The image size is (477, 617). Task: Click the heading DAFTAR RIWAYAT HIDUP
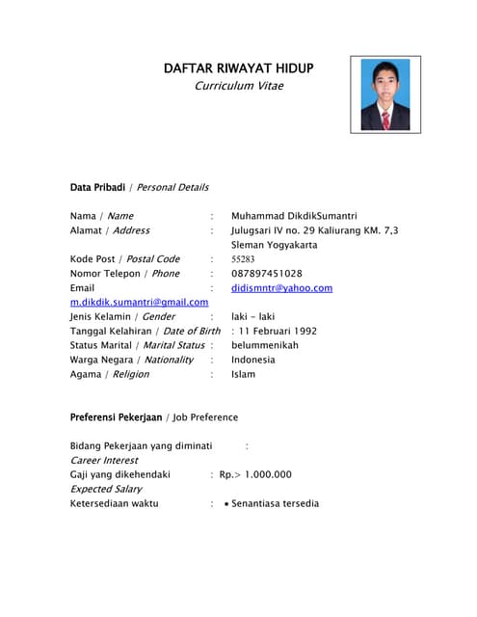coord(238,67)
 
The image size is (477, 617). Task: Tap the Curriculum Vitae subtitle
coord(239,86)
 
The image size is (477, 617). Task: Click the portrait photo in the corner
coord(384,94)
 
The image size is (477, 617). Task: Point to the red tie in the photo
coord(385,119)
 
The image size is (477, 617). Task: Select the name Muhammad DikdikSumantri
coord(294,216)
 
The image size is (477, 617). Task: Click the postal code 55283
coord(243,259)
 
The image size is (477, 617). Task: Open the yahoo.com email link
coord(281,288)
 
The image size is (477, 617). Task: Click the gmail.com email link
coord(139,303)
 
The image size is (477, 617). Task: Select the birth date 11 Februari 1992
coord(274,331)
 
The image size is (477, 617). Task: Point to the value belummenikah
coord(265,345)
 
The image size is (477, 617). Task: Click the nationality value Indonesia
coord(253,360)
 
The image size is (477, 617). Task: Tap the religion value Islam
coord(243,374)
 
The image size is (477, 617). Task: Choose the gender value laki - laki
coord(253,316)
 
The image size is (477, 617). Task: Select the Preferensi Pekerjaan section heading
coord(116,417)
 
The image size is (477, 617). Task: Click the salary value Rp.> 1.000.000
coord(255,474)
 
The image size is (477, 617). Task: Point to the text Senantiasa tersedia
coord(275,503)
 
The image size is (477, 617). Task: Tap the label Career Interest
coord(103,461)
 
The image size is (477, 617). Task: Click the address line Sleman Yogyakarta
coord(274,245)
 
